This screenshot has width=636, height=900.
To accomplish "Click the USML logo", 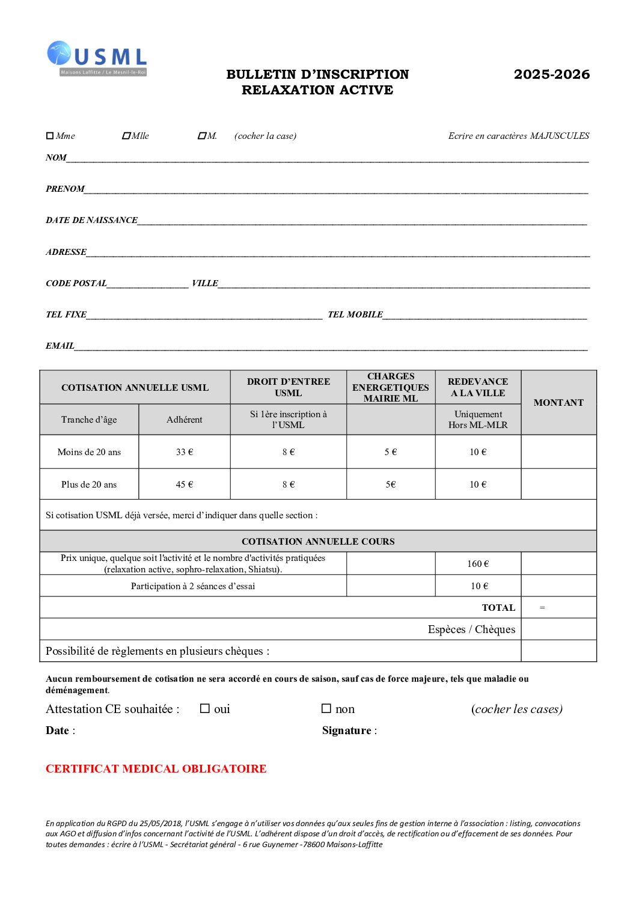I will tap(97, 58).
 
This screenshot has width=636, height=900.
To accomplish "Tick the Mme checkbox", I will tap(50, 136).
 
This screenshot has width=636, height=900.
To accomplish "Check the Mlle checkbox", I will tap(126, 136).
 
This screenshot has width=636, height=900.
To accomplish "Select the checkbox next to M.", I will tap(202, 136).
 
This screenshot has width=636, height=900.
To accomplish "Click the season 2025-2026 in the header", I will tap(551, 75).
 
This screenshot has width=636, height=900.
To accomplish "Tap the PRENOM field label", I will tap(65, 189).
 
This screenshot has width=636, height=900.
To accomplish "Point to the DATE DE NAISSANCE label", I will tap(91, 220).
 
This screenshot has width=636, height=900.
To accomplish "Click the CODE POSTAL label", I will tap(76, 283).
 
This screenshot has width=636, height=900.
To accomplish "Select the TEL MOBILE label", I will tap(355, 314).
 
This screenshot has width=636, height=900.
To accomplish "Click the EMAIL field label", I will tap(60, 346).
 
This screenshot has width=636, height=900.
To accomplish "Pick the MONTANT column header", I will tap(558, 403).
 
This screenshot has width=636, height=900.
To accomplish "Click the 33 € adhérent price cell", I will tap(185, 452).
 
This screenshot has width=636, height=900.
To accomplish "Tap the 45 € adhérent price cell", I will tap(185, 485).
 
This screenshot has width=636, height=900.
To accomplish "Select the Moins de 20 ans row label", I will tap(89, 452).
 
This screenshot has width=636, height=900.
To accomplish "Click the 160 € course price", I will tap(478, 564).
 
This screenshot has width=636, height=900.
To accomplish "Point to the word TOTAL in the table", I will tap(498, 608).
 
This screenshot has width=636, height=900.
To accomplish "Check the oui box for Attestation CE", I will tap(205, 709).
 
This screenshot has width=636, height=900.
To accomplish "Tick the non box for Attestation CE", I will tap(326, 709).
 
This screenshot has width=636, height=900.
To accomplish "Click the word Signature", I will tap(347, 730).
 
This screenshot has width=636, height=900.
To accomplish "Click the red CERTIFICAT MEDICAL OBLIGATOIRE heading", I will tap(156, 769).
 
